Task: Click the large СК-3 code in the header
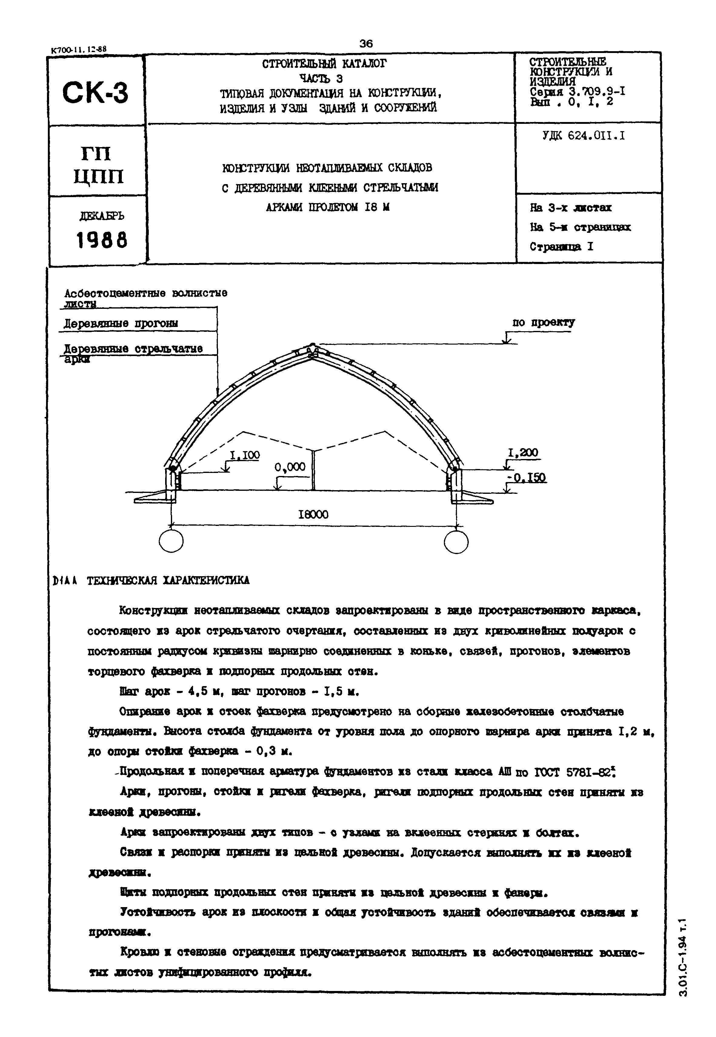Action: [95, 93]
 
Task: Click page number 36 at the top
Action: [366, 44]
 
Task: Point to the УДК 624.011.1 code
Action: [584, 135]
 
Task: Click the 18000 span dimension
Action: [313, 514]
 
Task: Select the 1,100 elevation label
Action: [245, 455]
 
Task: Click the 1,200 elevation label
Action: [523, 453]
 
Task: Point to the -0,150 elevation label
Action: [526, 478]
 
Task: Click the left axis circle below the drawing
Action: [171, 542]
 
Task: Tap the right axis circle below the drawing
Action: [456, 542]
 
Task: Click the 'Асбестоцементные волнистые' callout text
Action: [146, 293]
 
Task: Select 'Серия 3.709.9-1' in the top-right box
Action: [578, 92]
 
